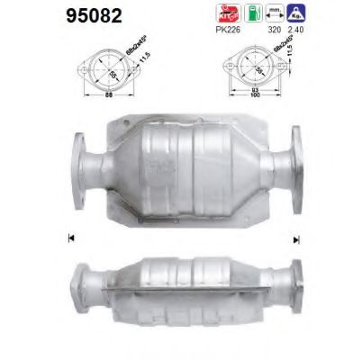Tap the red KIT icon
click(x=222, y=13)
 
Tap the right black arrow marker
click(x=295, y=238)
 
